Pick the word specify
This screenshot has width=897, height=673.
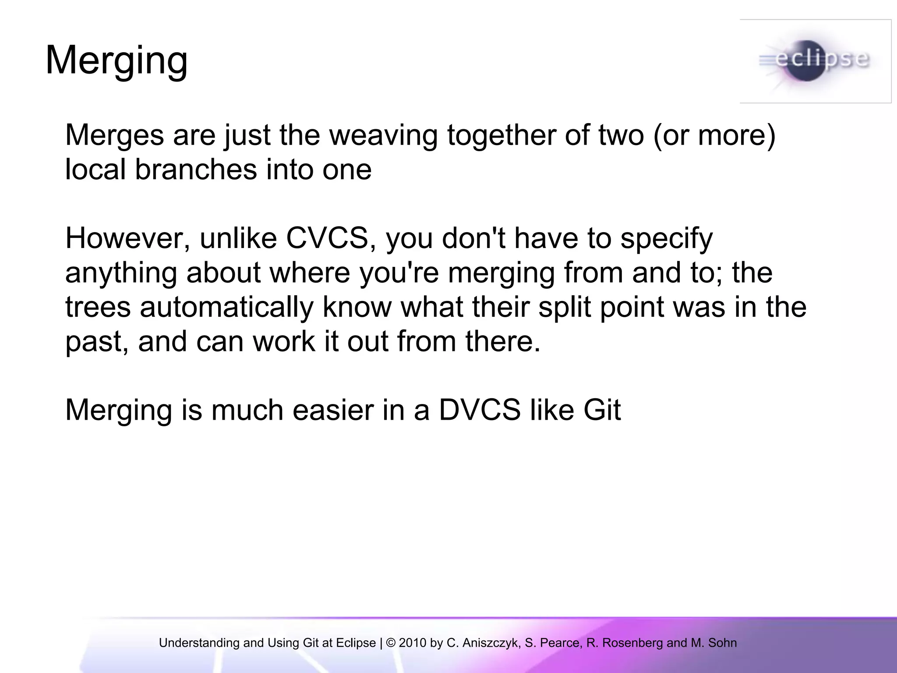pos(667,239)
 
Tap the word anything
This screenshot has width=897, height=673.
pos(121,273)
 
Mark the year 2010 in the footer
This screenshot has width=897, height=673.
pos(412,643)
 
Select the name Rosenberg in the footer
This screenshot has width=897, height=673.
pos(632,643)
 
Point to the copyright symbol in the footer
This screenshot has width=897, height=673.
pos(391,643)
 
